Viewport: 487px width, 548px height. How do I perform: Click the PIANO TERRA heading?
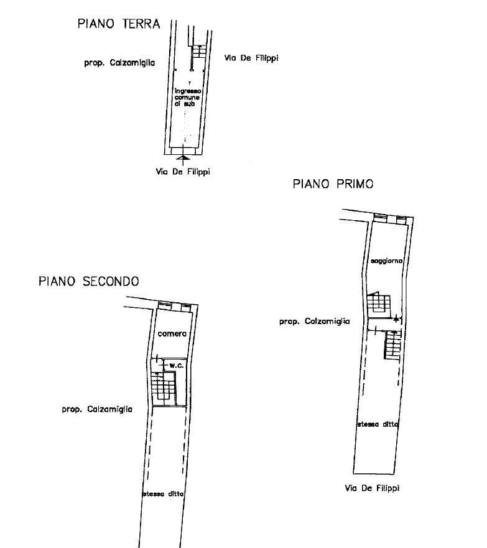119,24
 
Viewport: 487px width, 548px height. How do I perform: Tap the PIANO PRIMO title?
333,184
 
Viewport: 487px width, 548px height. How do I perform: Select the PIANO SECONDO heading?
89,281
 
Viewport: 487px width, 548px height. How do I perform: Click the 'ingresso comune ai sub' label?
188,97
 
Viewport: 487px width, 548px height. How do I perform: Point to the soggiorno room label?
386,261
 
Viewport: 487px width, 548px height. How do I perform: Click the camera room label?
172,334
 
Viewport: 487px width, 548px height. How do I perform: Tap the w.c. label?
177,366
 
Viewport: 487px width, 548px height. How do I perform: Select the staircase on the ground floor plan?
200,52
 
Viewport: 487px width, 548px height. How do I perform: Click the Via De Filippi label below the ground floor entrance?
183,172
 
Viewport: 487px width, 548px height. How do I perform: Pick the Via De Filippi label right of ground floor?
251,58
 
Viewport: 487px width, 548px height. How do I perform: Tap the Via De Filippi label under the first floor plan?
372,488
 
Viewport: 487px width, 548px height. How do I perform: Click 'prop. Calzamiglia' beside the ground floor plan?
119,63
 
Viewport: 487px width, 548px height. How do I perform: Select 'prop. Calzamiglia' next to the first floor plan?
315,321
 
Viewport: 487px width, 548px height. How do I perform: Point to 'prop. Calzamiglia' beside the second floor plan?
97,409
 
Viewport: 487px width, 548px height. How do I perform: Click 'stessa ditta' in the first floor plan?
378,424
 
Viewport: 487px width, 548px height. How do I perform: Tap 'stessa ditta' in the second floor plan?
163,494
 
